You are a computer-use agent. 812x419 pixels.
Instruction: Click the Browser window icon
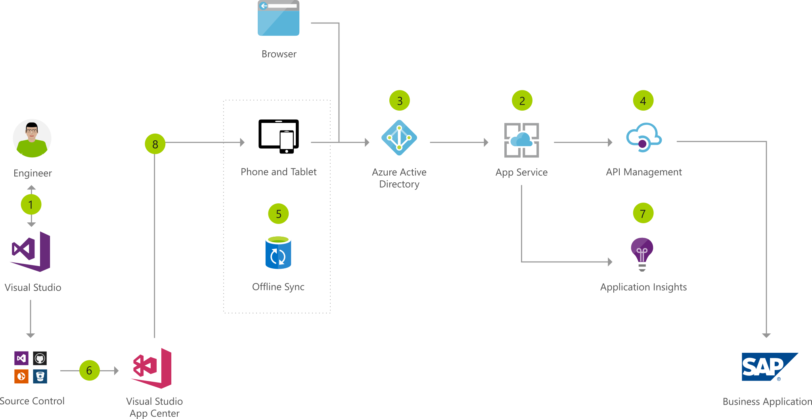278,18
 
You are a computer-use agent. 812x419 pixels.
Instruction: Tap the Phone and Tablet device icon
278,136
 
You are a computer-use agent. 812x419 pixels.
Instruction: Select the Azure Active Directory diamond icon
399,138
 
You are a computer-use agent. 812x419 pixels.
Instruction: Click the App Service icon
521,140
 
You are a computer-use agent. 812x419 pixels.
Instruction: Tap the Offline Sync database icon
278,253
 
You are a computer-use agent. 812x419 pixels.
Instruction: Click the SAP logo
770,367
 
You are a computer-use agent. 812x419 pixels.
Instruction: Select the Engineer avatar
32,138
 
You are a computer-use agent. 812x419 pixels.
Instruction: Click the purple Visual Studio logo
31,252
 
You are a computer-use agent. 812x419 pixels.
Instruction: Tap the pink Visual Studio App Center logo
152,368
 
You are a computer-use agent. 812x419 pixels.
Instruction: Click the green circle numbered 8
155,144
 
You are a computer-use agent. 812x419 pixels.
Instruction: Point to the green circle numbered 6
89,370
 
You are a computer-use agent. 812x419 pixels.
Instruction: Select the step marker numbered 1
31,205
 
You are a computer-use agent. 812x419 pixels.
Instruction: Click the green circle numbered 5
278,214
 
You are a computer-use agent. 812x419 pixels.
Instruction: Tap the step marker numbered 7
643,213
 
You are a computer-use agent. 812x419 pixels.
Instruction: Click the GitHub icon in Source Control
40,358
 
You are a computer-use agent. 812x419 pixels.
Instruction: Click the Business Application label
767,402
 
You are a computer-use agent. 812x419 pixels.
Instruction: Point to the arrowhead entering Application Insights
610,262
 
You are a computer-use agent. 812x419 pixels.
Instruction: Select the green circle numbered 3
400,101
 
